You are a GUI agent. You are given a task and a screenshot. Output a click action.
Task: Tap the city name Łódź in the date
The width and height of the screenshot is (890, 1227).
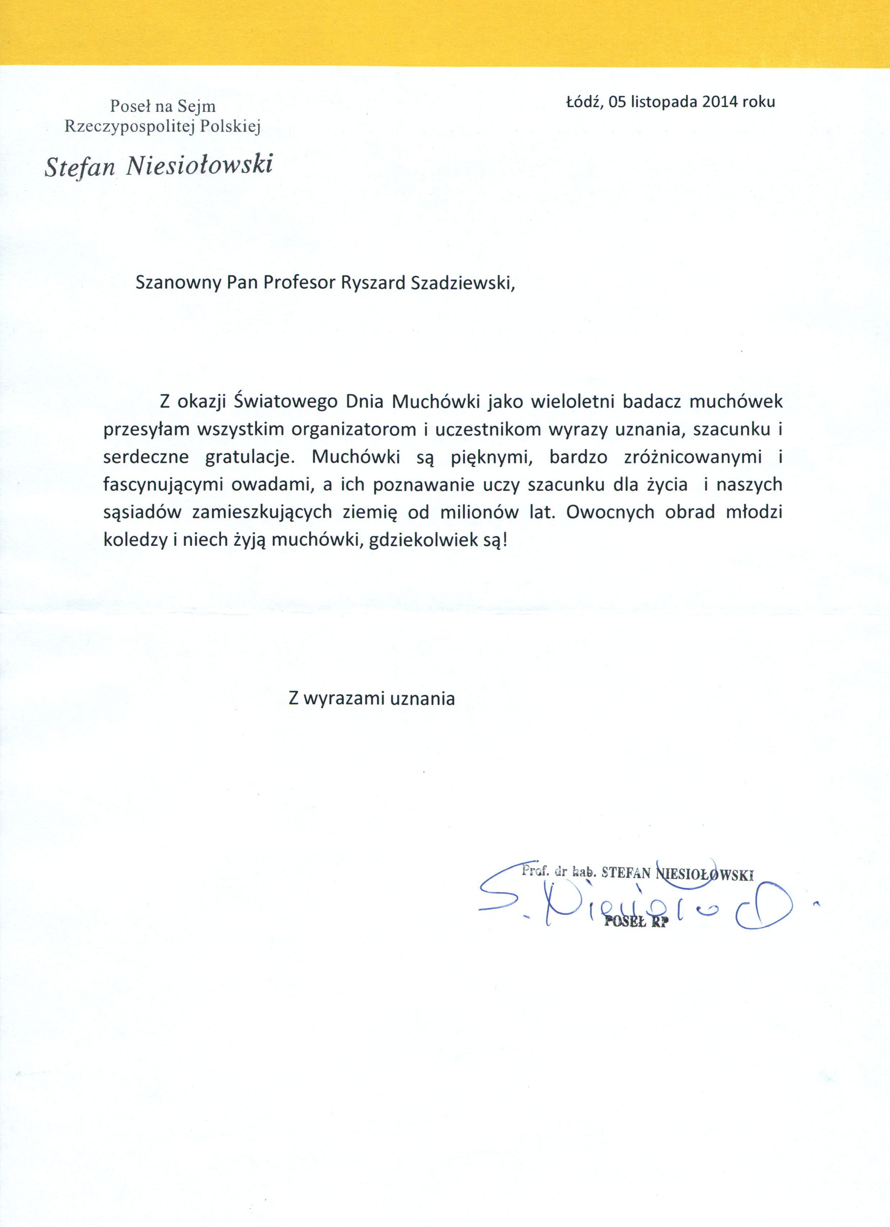(584, 102)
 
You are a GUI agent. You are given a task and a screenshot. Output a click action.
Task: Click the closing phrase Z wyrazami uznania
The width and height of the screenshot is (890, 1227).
(372, 699)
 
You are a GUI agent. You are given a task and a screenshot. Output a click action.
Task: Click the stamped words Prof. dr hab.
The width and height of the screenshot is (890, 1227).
(559, 871)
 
